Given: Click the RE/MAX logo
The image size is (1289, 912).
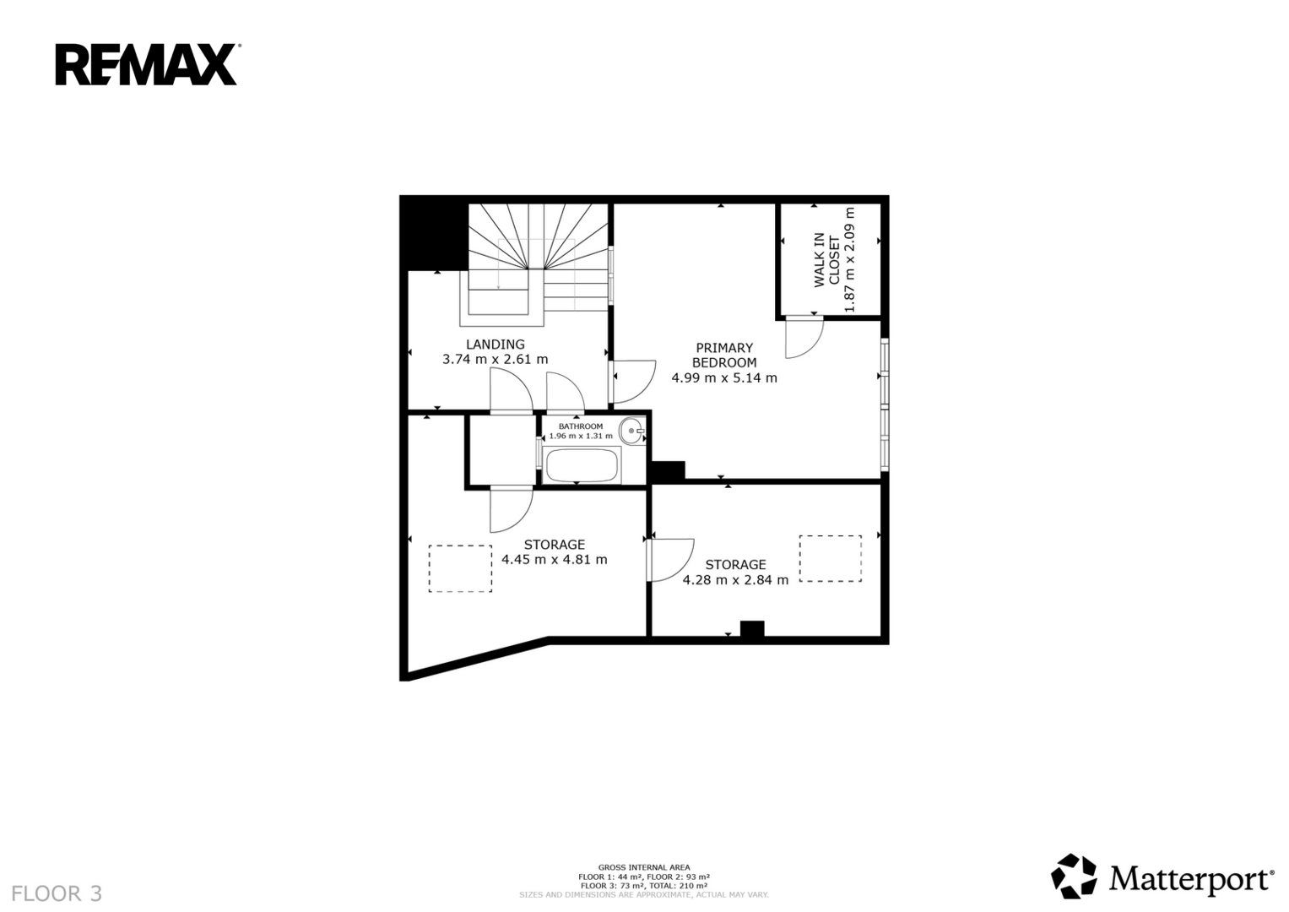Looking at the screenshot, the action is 148,64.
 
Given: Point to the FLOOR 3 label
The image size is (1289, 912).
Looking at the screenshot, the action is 57,893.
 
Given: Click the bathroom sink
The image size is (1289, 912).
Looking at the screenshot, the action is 632,431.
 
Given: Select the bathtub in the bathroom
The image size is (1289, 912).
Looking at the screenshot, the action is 582,466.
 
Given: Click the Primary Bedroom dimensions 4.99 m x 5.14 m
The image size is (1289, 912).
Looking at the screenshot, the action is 724,378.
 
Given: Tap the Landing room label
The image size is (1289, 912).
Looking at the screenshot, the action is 495,345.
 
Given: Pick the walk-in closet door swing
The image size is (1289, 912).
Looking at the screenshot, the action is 804,337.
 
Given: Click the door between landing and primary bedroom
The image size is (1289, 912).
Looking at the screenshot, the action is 633,382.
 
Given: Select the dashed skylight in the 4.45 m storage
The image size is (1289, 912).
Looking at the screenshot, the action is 460,569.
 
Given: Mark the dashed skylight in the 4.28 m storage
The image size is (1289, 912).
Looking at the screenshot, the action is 831,558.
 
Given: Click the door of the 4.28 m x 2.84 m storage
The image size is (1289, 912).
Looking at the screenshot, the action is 671,560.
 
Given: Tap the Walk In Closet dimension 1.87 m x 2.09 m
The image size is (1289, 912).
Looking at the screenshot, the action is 849,260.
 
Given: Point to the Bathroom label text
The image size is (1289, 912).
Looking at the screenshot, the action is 581,426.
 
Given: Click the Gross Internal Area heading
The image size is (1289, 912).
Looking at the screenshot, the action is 644,867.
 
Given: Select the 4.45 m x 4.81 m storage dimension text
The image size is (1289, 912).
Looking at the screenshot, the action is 554,560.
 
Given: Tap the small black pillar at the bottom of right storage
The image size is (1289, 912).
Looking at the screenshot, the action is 752,629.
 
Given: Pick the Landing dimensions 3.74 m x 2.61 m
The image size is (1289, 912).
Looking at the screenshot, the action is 495,360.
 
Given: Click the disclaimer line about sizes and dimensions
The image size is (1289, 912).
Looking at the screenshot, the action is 644,895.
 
